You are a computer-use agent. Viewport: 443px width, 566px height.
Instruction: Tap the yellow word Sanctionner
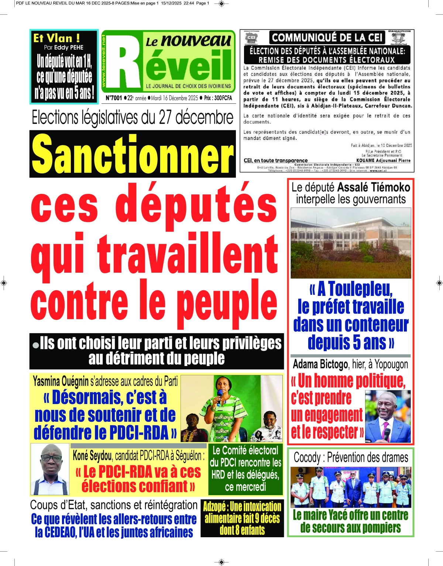point(133,154)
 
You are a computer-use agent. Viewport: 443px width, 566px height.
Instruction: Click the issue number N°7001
point(113,98)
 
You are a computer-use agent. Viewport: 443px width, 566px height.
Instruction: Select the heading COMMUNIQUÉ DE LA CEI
point(327,38)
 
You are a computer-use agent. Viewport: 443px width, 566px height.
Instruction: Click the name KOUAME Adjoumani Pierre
point(383,161)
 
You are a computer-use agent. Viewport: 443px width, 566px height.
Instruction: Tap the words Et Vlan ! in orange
point(56,38)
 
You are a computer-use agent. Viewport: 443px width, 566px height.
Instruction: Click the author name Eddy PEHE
point(69,47)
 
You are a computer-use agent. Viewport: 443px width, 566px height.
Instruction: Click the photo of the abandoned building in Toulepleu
point(351,243)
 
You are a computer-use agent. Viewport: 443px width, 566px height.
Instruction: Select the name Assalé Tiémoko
point(374,187)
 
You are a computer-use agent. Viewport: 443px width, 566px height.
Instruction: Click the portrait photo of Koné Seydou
point(49,469)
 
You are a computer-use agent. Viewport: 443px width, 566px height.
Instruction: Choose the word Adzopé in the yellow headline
point(214,507)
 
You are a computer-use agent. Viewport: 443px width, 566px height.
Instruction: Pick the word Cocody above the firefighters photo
point(307,458)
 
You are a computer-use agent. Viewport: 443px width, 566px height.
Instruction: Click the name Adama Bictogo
point(320,365)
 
